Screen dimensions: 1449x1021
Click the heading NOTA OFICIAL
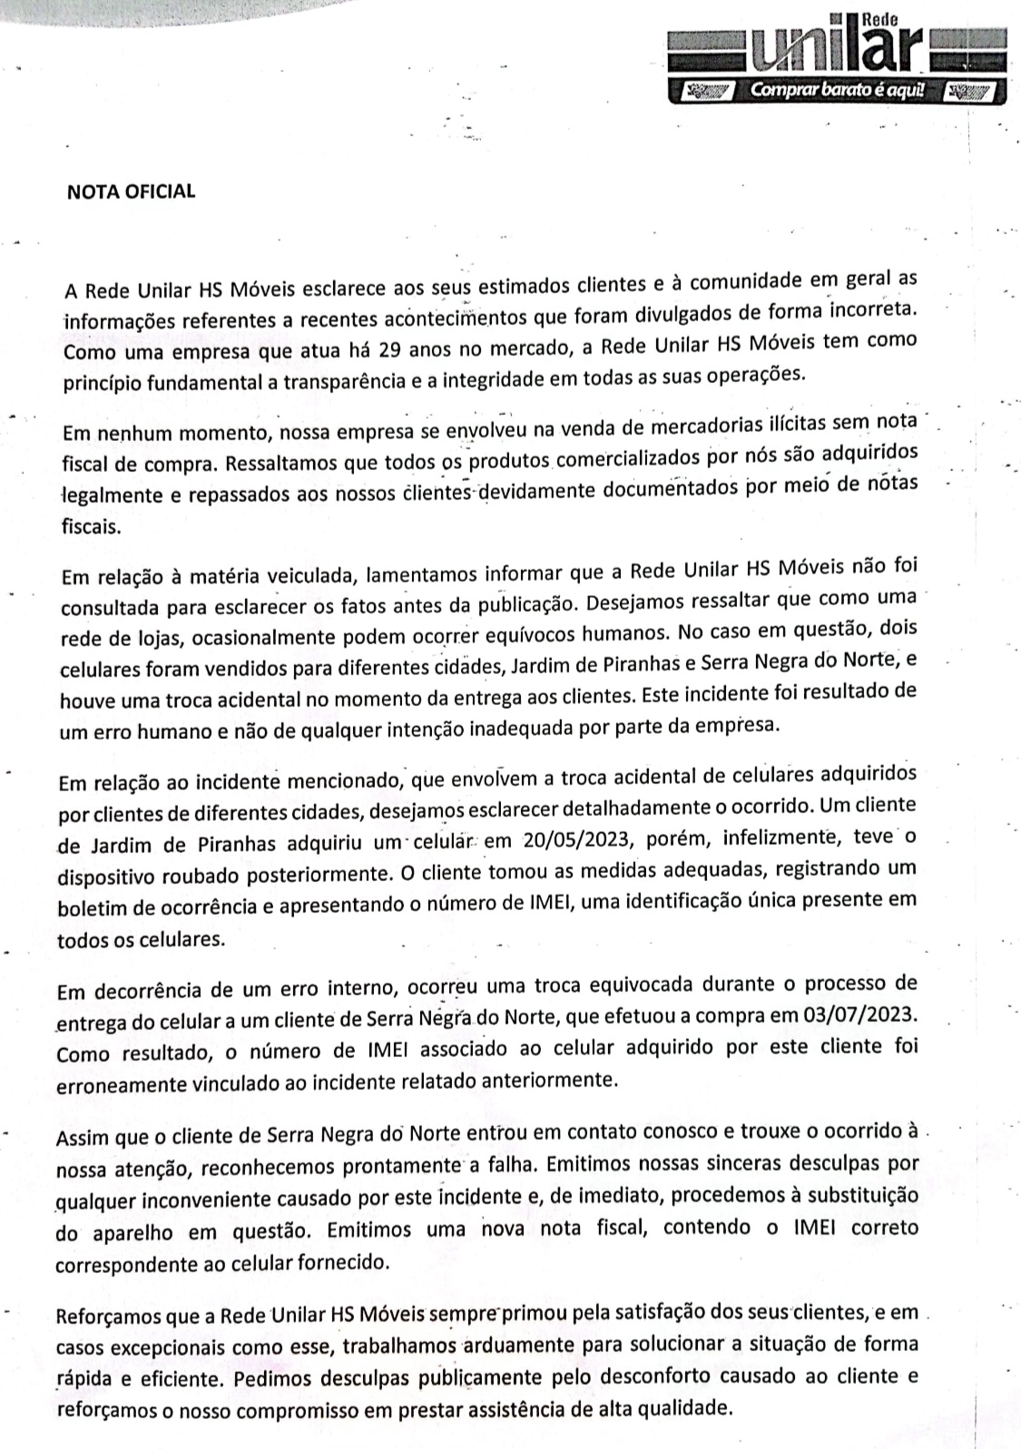pyautogui.click(x=132, y=191)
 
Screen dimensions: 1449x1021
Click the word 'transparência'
pyautogui.click(x=344, y=381)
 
